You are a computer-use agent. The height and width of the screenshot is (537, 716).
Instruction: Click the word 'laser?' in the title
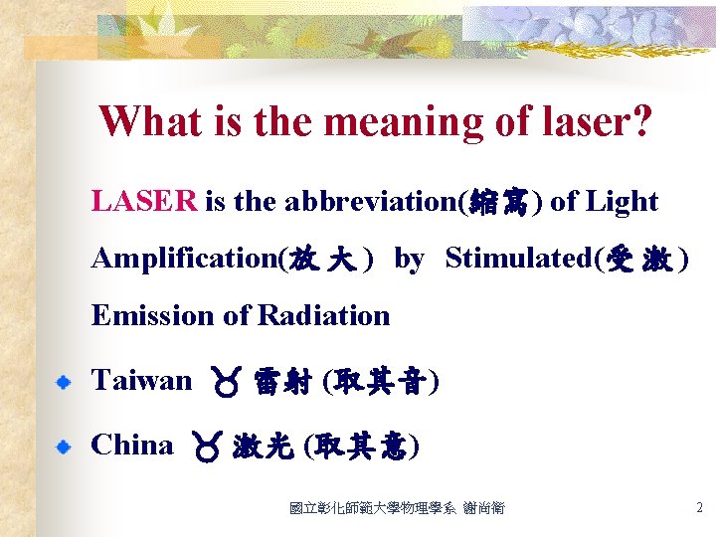point(595,122)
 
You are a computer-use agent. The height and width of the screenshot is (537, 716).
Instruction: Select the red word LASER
point(144,202)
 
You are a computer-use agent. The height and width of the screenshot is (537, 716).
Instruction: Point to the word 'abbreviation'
point(370,202)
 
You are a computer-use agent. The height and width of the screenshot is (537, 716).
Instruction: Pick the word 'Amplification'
point(184,259)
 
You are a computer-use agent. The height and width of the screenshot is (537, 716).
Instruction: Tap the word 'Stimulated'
point(517,259)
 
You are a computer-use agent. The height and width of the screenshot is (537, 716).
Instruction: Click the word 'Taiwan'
point(141,380)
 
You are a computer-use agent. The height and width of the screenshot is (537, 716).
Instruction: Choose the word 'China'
point(131,445)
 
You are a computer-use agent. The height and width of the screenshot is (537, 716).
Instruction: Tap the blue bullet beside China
point(63,447)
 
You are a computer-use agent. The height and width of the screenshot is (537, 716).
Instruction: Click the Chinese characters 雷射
point(280,382)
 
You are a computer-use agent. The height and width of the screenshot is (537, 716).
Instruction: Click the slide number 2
point(699,508)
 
